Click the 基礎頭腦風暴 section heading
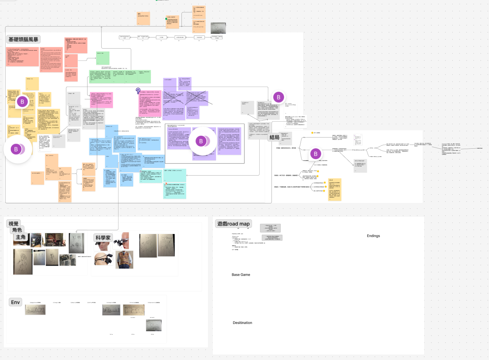coord(23,39)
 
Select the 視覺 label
coord(14,224)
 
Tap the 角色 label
coord(17,230)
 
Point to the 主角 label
coord(21,237)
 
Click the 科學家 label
coord(103,238)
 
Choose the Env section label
coord(15,302)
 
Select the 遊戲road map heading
coord(233,224)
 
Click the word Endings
coord(373,236)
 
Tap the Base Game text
coord(241,275)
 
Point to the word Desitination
coord(242,323)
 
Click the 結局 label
coord(275,137)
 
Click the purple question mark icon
coord(138,91)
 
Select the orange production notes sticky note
coord(143,18)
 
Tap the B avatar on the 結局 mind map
coord(316,154)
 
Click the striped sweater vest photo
coord(125,259)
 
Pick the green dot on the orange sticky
coord(166,19)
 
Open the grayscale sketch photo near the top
coord(218,28)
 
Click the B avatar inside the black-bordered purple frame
coord(201,141)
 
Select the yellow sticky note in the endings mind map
coord(335,189)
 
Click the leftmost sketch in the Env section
coord(35,310)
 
